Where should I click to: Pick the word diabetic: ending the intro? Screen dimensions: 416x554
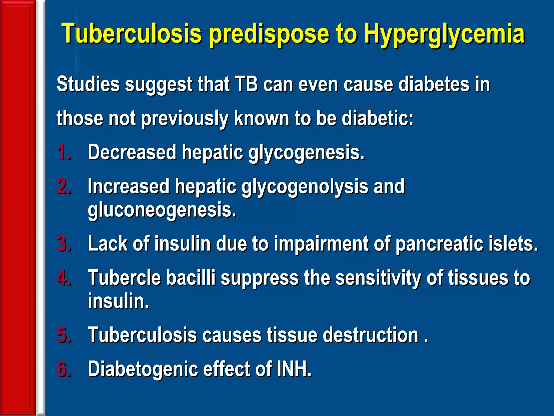(x=378, y=118)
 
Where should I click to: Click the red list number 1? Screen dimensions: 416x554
(x=64, y=152)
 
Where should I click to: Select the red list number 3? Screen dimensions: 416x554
(x=64, y=243)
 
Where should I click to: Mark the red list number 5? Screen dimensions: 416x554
(x=64, y=335)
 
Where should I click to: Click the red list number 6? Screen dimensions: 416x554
(x=64, y=369)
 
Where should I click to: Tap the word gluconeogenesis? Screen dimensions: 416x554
(x=162, y=210)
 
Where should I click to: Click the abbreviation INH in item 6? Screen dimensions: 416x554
(x=294, y=369)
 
